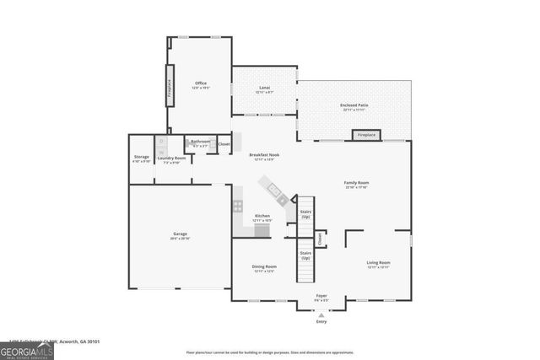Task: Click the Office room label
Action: click(x=201, y=84)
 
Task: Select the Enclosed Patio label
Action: click(x=354, y=107)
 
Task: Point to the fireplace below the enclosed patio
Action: click(x=366, y=135)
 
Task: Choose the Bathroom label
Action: click(x=200, y=142)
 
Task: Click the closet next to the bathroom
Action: click(x=224, y=144)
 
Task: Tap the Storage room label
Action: click(x=142, y=158)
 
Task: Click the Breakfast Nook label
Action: click(x=264, y=156)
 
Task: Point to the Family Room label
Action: click(x=355, y=185)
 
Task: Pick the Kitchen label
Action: click(x=262, y=217)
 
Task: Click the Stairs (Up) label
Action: click(x=305, y=215)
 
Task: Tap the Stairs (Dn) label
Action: click(x=305, y=255)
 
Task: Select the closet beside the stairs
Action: click(x=321, y=239)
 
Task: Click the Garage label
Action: click(x=180, y=235)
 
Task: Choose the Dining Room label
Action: click(x=264, y=268)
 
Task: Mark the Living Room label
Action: click(x=378, y=264)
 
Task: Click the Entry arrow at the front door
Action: click(x=321, y=314)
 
